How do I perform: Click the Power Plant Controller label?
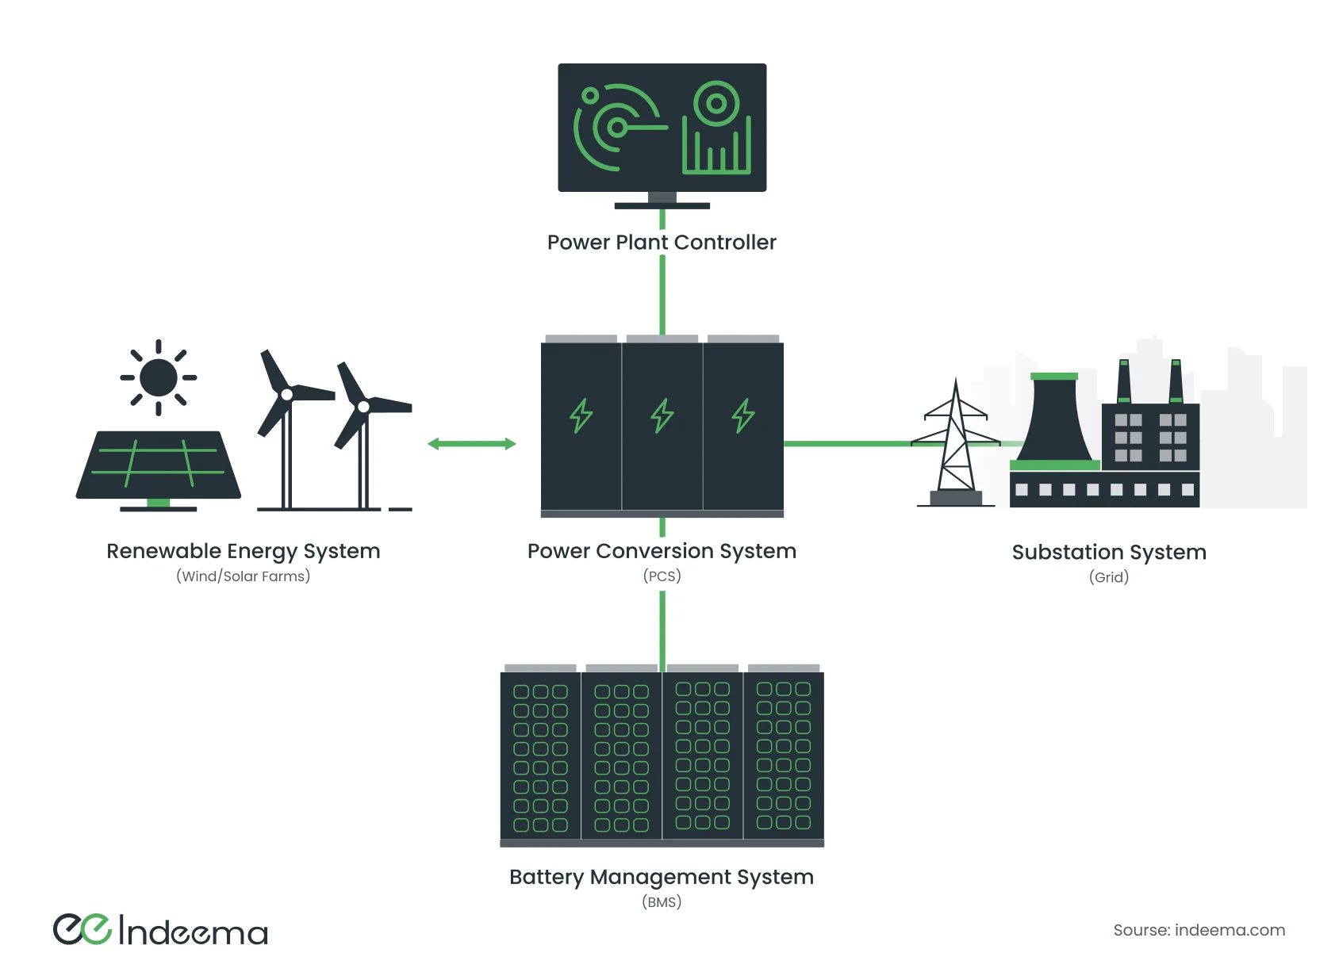point(662,243)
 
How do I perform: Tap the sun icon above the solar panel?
point(159,377)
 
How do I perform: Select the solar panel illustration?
point(159,465)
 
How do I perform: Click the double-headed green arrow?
point(471,444)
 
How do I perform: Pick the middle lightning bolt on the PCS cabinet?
point(662,415)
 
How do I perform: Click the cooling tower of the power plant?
point(1054,420)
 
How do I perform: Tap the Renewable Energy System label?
point(244,551)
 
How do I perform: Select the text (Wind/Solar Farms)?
point(244,576)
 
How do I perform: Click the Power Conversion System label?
point(662,551)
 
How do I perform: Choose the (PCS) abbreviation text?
point(662,576)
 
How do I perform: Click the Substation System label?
point(1109,553)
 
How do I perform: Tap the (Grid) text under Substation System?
point(1109,577)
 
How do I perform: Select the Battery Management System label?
point(662,877)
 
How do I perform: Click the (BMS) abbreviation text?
point(662,902)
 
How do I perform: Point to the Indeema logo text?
point(193,932)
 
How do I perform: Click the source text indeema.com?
point(1199,930)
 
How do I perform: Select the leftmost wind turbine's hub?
point(286,394)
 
